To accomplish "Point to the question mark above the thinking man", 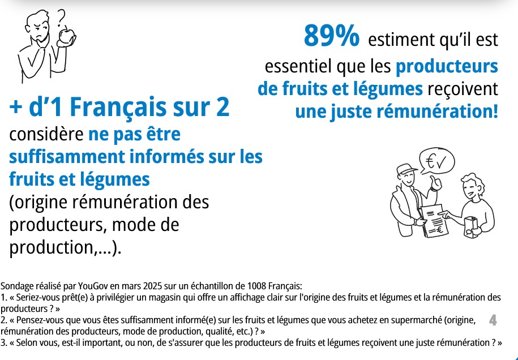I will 61,17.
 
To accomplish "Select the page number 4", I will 493,320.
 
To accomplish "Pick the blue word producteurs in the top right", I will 447,66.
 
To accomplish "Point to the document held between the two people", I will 434,221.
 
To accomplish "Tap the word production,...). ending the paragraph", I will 66,248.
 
